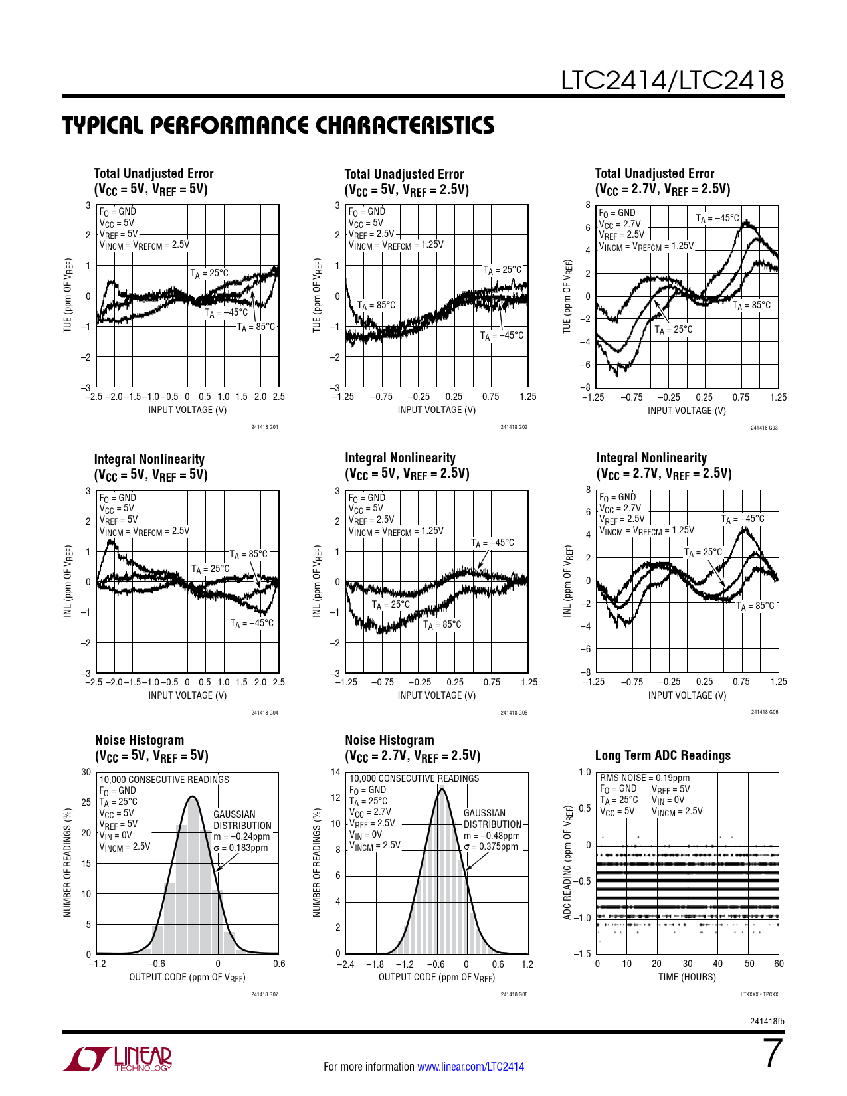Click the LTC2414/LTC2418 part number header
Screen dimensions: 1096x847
pos(672,80)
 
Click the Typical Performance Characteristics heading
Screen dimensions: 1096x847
pos(278,125)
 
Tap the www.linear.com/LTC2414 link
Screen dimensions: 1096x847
pos(470,1067)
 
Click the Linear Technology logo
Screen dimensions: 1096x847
pos(118,1059)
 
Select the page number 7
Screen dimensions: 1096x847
pos(773,1054)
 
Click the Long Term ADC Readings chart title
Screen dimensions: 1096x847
pos(662,755)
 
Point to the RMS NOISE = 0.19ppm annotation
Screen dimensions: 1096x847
pos(644,778)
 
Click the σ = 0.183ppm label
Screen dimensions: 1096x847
pos(240,848)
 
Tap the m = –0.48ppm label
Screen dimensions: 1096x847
pos(492,836)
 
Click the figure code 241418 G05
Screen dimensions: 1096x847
pos(514,713)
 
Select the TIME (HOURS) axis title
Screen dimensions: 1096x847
pos(687,977)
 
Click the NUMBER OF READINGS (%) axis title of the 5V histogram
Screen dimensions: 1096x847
pos(67,863)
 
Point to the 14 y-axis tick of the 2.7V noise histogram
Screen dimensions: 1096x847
pos(335,772)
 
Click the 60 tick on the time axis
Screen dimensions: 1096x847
pos(779,964)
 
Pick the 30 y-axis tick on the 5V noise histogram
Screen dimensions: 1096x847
pos(86,772)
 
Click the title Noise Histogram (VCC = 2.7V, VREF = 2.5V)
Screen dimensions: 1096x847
pos(412,748)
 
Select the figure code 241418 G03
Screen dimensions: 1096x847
pos(764,428)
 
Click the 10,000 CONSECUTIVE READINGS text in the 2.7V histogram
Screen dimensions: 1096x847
pos(414,778)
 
